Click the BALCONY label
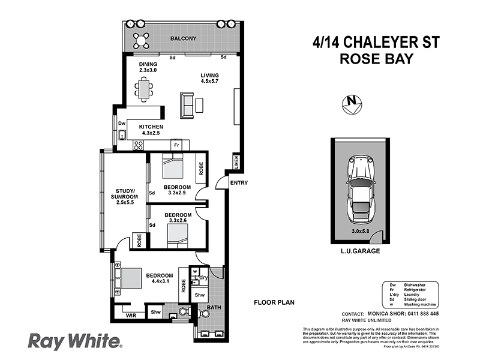click(x=183, y=39)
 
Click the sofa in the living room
click(x=187, y=104)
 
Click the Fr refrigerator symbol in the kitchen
click(x=176, y=145)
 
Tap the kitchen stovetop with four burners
click(x=139, y=145)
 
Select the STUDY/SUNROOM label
click(x=124, y=196)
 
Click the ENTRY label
click(x=238, y=183)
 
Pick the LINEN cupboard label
click(x=236, y=163)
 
